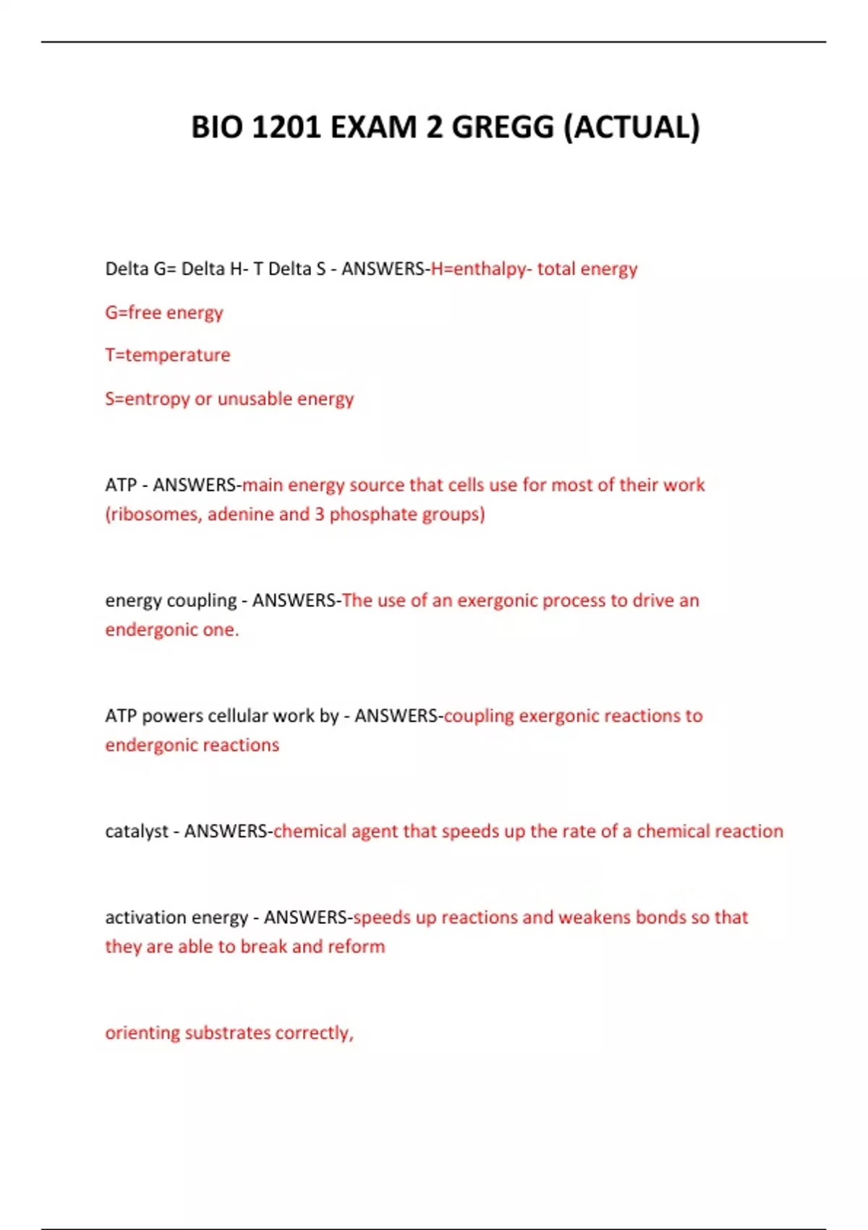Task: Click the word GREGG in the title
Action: point(502,127)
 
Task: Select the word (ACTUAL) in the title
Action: point(631,127)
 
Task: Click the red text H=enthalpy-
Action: point(481,269)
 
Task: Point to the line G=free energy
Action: point(164,313)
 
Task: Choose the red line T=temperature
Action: point(168,355)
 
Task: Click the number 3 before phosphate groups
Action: point(319,514)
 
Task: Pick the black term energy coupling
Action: point(171,601)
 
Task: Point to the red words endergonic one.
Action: point(171,629)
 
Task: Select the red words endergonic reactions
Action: point(192,745)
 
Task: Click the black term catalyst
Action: point(137,831)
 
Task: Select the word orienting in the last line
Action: point(142,1032)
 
